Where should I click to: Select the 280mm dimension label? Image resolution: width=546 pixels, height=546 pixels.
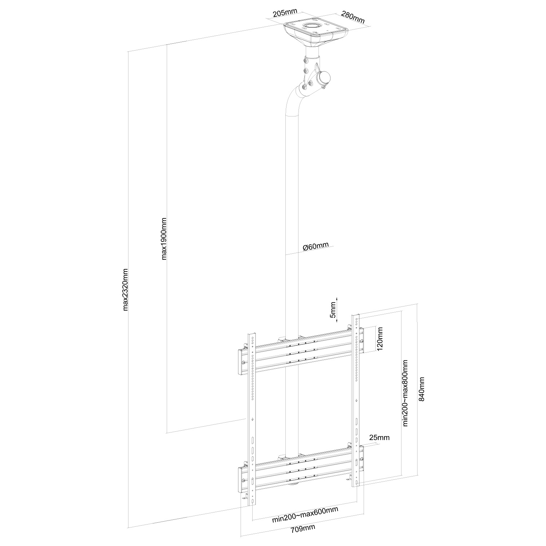pos(353,17)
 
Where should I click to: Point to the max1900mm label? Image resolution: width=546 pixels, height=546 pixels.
pos(164,239)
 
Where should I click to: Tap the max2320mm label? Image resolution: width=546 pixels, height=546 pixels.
pos(126,290)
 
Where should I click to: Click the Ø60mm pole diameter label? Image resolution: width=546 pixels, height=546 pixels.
pos(315,246)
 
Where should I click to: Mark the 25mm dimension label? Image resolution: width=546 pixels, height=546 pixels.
pos(379,437)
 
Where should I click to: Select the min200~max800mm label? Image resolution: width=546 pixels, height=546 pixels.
pos(405,392)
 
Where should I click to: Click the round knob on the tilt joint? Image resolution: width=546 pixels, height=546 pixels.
pos(324,78)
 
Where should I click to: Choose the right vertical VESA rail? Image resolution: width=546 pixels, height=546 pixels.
pos(356,400)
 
